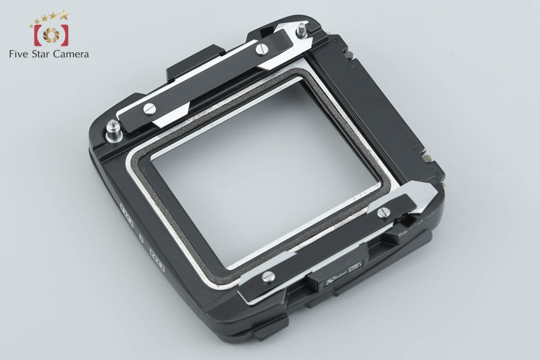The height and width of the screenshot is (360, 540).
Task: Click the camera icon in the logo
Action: point(48,34)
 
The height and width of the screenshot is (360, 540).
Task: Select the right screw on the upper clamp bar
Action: point(263,47)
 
